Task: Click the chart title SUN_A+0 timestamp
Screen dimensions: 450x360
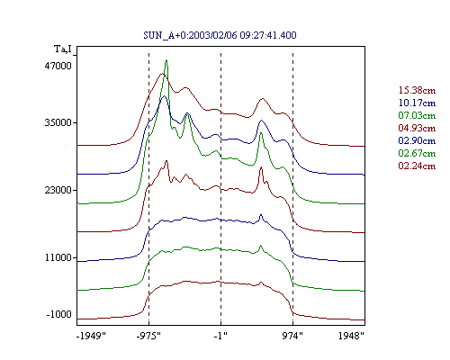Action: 220,35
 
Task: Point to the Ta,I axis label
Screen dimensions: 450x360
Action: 63,49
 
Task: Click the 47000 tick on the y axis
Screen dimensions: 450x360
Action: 58,66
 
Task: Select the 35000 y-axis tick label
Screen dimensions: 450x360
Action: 58,122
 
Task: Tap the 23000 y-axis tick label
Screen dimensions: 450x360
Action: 58,190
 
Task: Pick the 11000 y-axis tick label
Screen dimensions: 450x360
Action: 58,257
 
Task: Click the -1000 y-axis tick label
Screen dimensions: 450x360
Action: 59,314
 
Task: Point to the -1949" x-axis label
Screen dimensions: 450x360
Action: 91,336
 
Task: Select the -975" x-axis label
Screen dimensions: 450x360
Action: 148,336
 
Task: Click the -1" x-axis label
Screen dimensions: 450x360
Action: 220,336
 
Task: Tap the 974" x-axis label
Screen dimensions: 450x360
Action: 292,336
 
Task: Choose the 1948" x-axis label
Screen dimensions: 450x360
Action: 351,336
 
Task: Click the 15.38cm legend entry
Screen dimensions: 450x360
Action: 417,90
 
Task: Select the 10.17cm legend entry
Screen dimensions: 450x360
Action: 417,103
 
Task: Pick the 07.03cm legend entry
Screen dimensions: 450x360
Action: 417,115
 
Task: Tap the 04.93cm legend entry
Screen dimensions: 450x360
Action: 417,128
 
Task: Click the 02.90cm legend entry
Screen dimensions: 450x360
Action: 417,140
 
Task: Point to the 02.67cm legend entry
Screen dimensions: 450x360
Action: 417,153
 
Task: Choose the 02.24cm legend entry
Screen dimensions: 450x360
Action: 417,166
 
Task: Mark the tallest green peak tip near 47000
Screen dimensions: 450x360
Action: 166,60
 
